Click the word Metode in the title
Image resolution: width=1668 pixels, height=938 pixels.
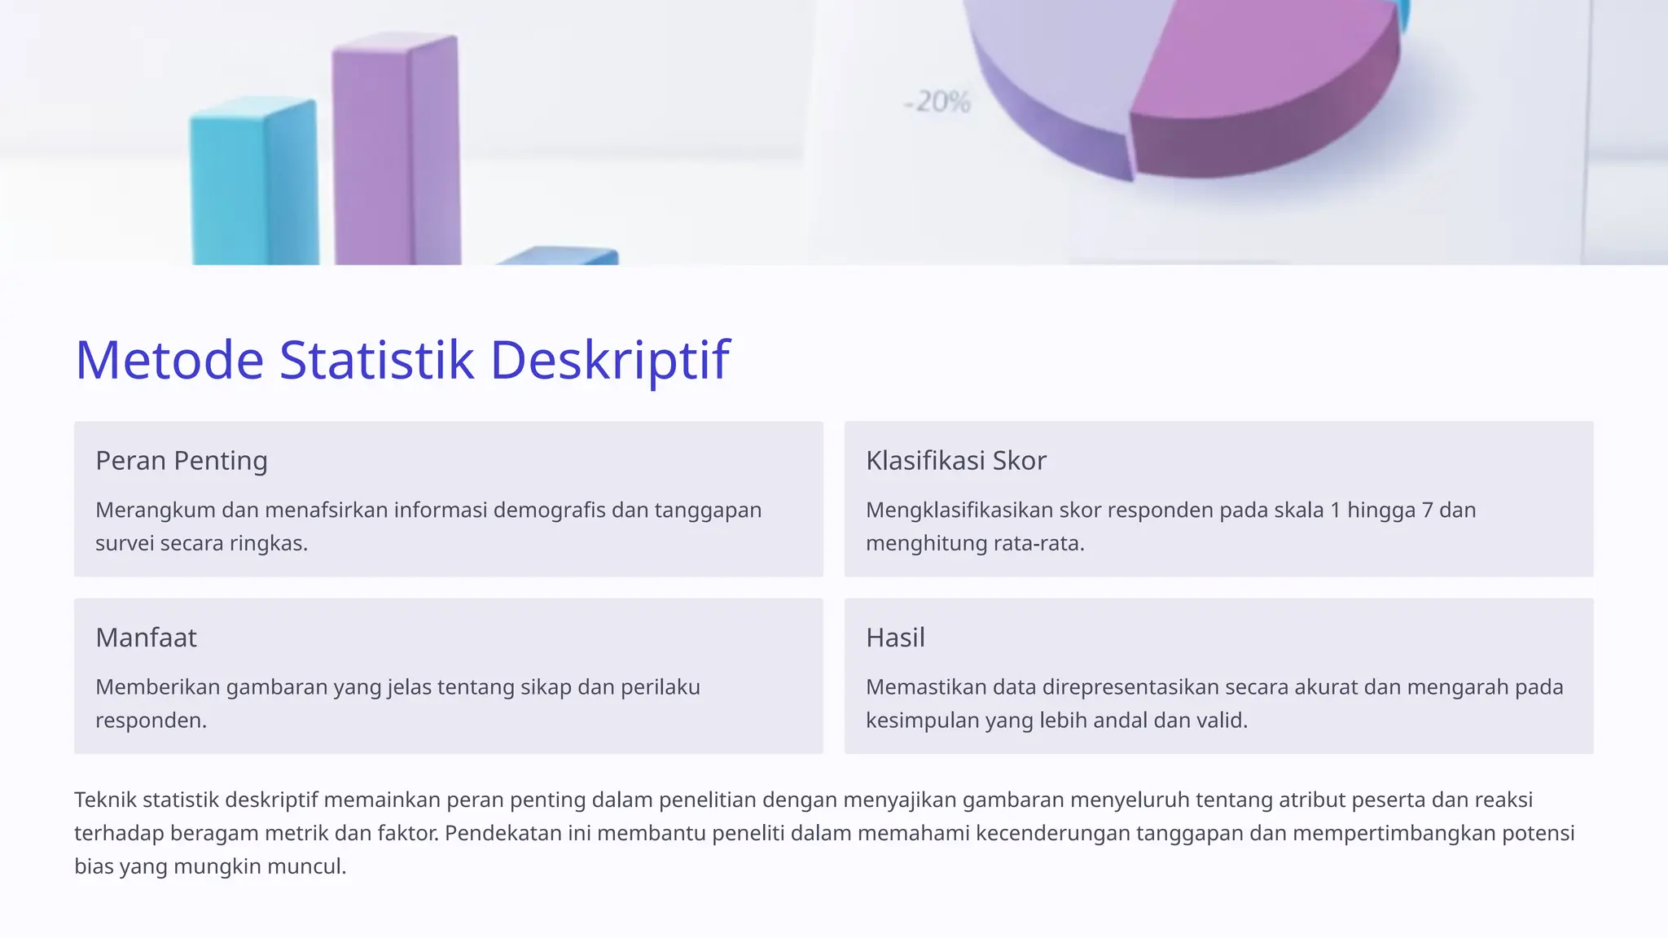pyautogui.click(x=169, y=360)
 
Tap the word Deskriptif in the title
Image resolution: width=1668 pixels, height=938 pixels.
pyautogui.click(x=609, y=360)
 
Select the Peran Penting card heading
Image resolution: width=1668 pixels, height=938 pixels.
pyautogui.click(x=182, y=461)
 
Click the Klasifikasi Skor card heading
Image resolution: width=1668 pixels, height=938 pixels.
pyautogui.click(x=955, y=461)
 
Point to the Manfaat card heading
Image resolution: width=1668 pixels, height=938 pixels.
pyautogui.click(x=146, y=638)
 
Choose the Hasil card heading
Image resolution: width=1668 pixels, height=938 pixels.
pyautogui.click(x=895, y=638)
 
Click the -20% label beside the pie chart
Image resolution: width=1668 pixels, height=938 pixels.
pyautogui.click(x=937, y=103)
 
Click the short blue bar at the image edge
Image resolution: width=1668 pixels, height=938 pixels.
pyautogui.click(x=562, y=256)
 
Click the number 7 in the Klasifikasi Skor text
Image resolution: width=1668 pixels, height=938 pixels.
pyautogui.click(x=1427, y=511)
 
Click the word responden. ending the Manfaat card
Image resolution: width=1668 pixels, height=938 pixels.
pyautogui.click(x=151, y=721)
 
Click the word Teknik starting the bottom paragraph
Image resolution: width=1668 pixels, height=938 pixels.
pyautogui.click(x=106, y=800)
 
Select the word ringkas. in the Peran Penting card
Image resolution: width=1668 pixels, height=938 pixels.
pyautogui.click(x=268, y=544)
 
